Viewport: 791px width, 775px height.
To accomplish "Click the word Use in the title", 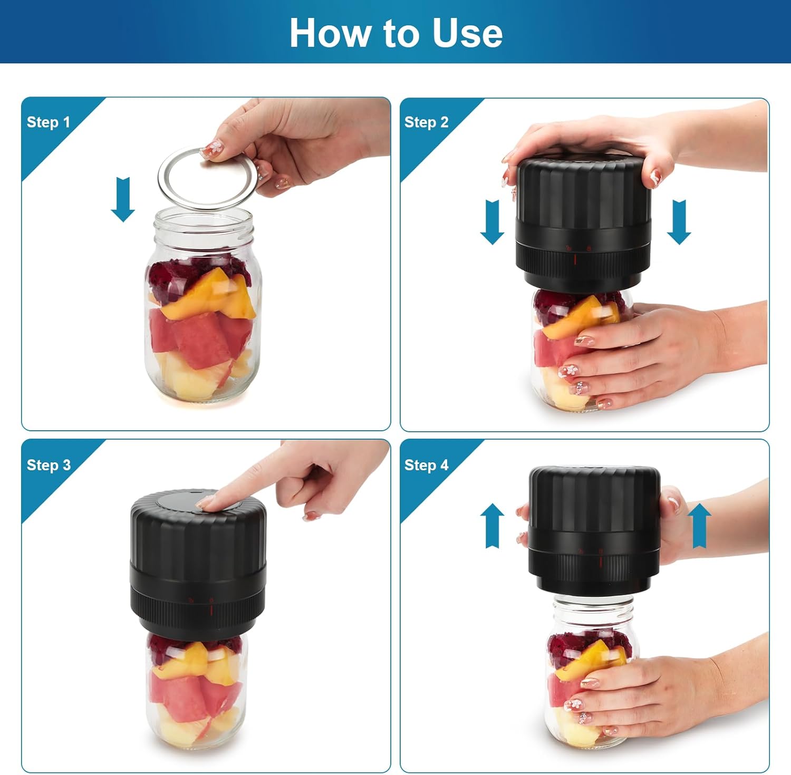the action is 467,33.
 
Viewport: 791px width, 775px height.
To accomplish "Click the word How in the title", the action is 330,33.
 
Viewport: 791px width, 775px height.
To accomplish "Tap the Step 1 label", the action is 48,122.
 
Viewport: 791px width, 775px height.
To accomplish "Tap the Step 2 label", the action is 426,122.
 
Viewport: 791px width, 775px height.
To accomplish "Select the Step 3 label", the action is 49,465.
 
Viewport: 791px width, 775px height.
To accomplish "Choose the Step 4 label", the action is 426,465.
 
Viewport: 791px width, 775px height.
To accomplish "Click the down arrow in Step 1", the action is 123,199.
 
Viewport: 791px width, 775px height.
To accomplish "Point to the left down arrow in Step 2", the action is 492,222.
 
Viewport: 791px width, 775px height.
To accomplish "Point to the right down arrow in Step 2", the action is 679,222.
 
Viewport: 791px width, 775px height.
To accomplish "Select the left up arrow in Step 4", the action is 493,526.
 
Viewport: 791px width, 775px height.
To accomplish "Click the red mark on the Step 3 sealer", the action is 211,611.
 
